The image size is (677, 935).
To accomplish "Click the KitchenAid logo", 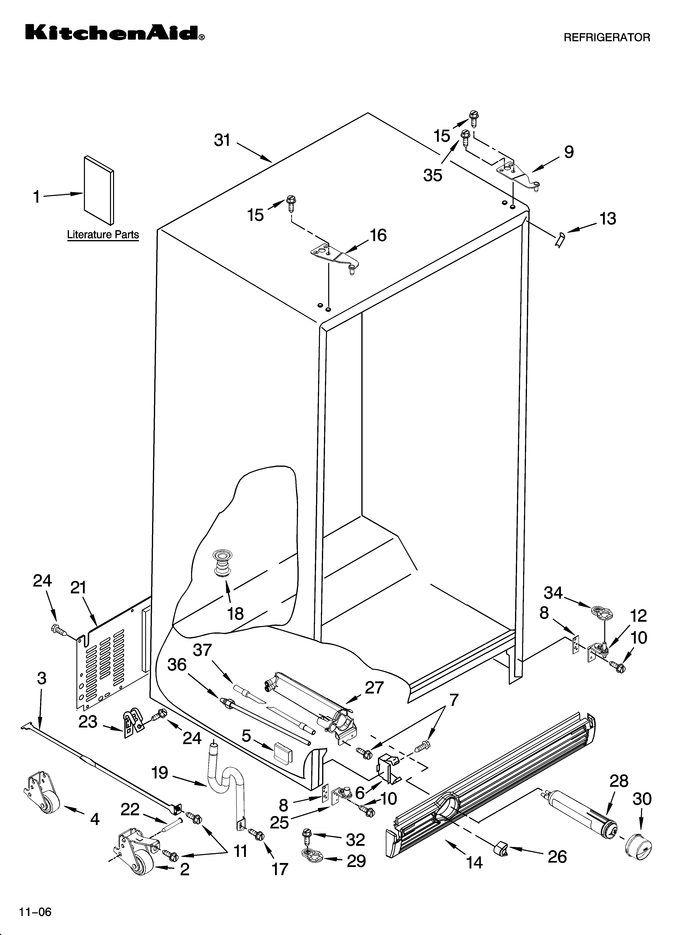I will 115,33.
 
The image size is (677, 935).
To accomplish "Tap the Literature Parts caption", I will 103,235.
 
